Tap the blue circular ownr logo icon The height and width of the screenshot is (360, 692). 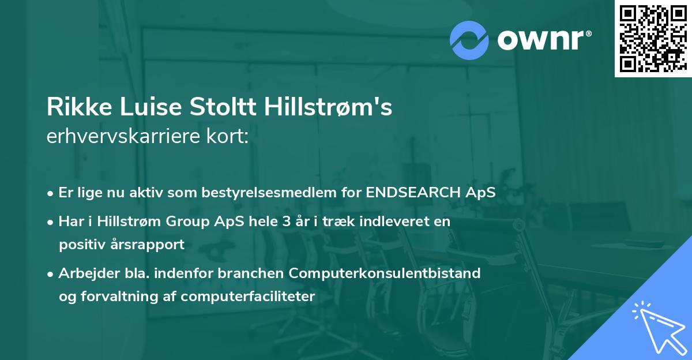470,40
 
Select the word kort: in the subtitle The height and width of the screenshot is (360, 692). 228,137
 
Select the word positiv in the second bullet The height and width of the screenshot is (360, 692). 80,245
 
